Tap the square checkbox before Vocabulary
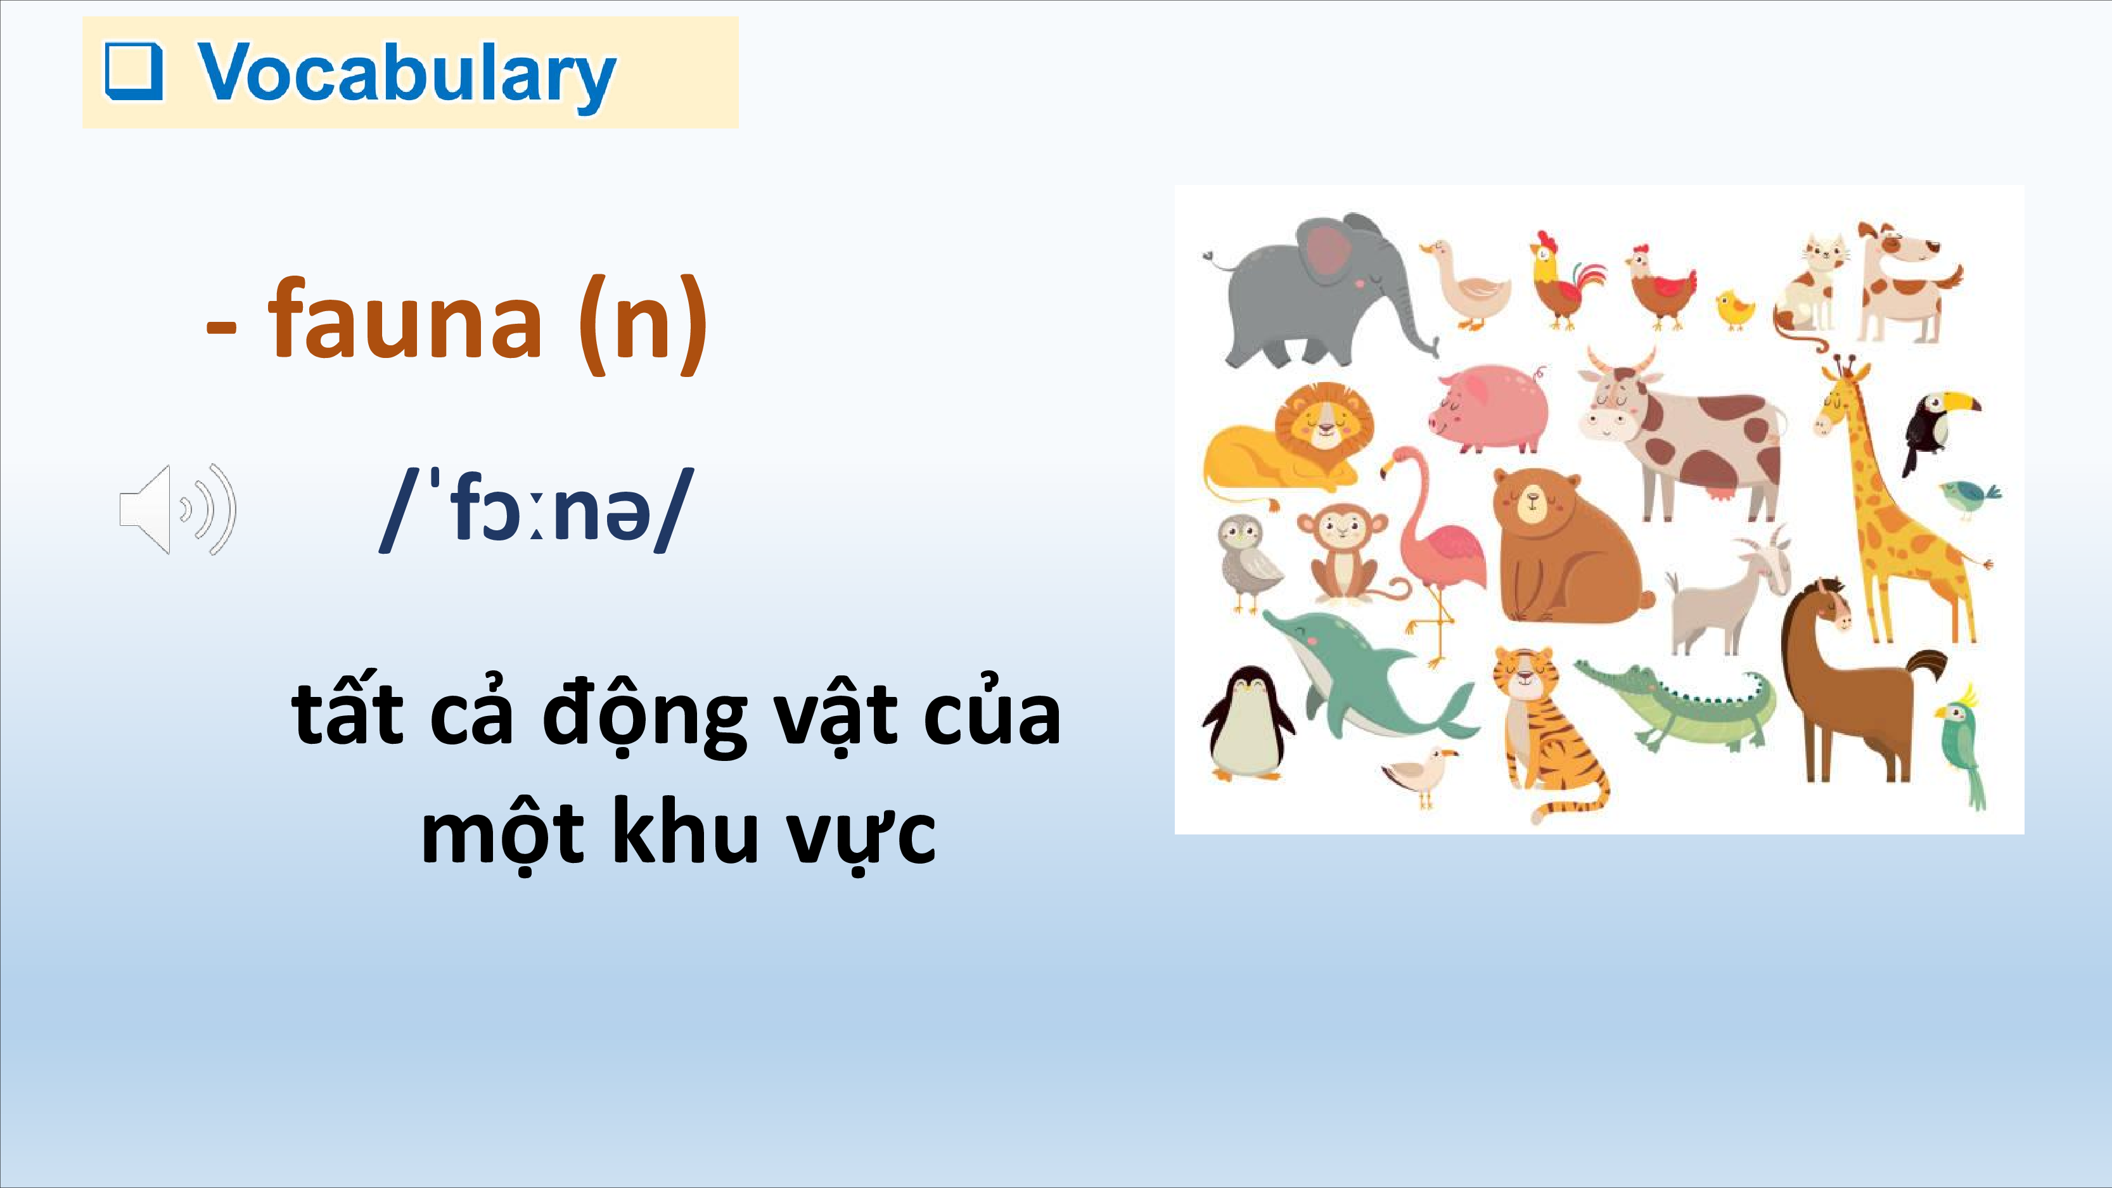click(x=134, y=72)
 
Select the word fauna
click(x=405, y=319)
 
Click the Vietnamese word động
click(x=644, y=715)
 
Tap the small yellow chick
click(x=1735, y=310)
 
